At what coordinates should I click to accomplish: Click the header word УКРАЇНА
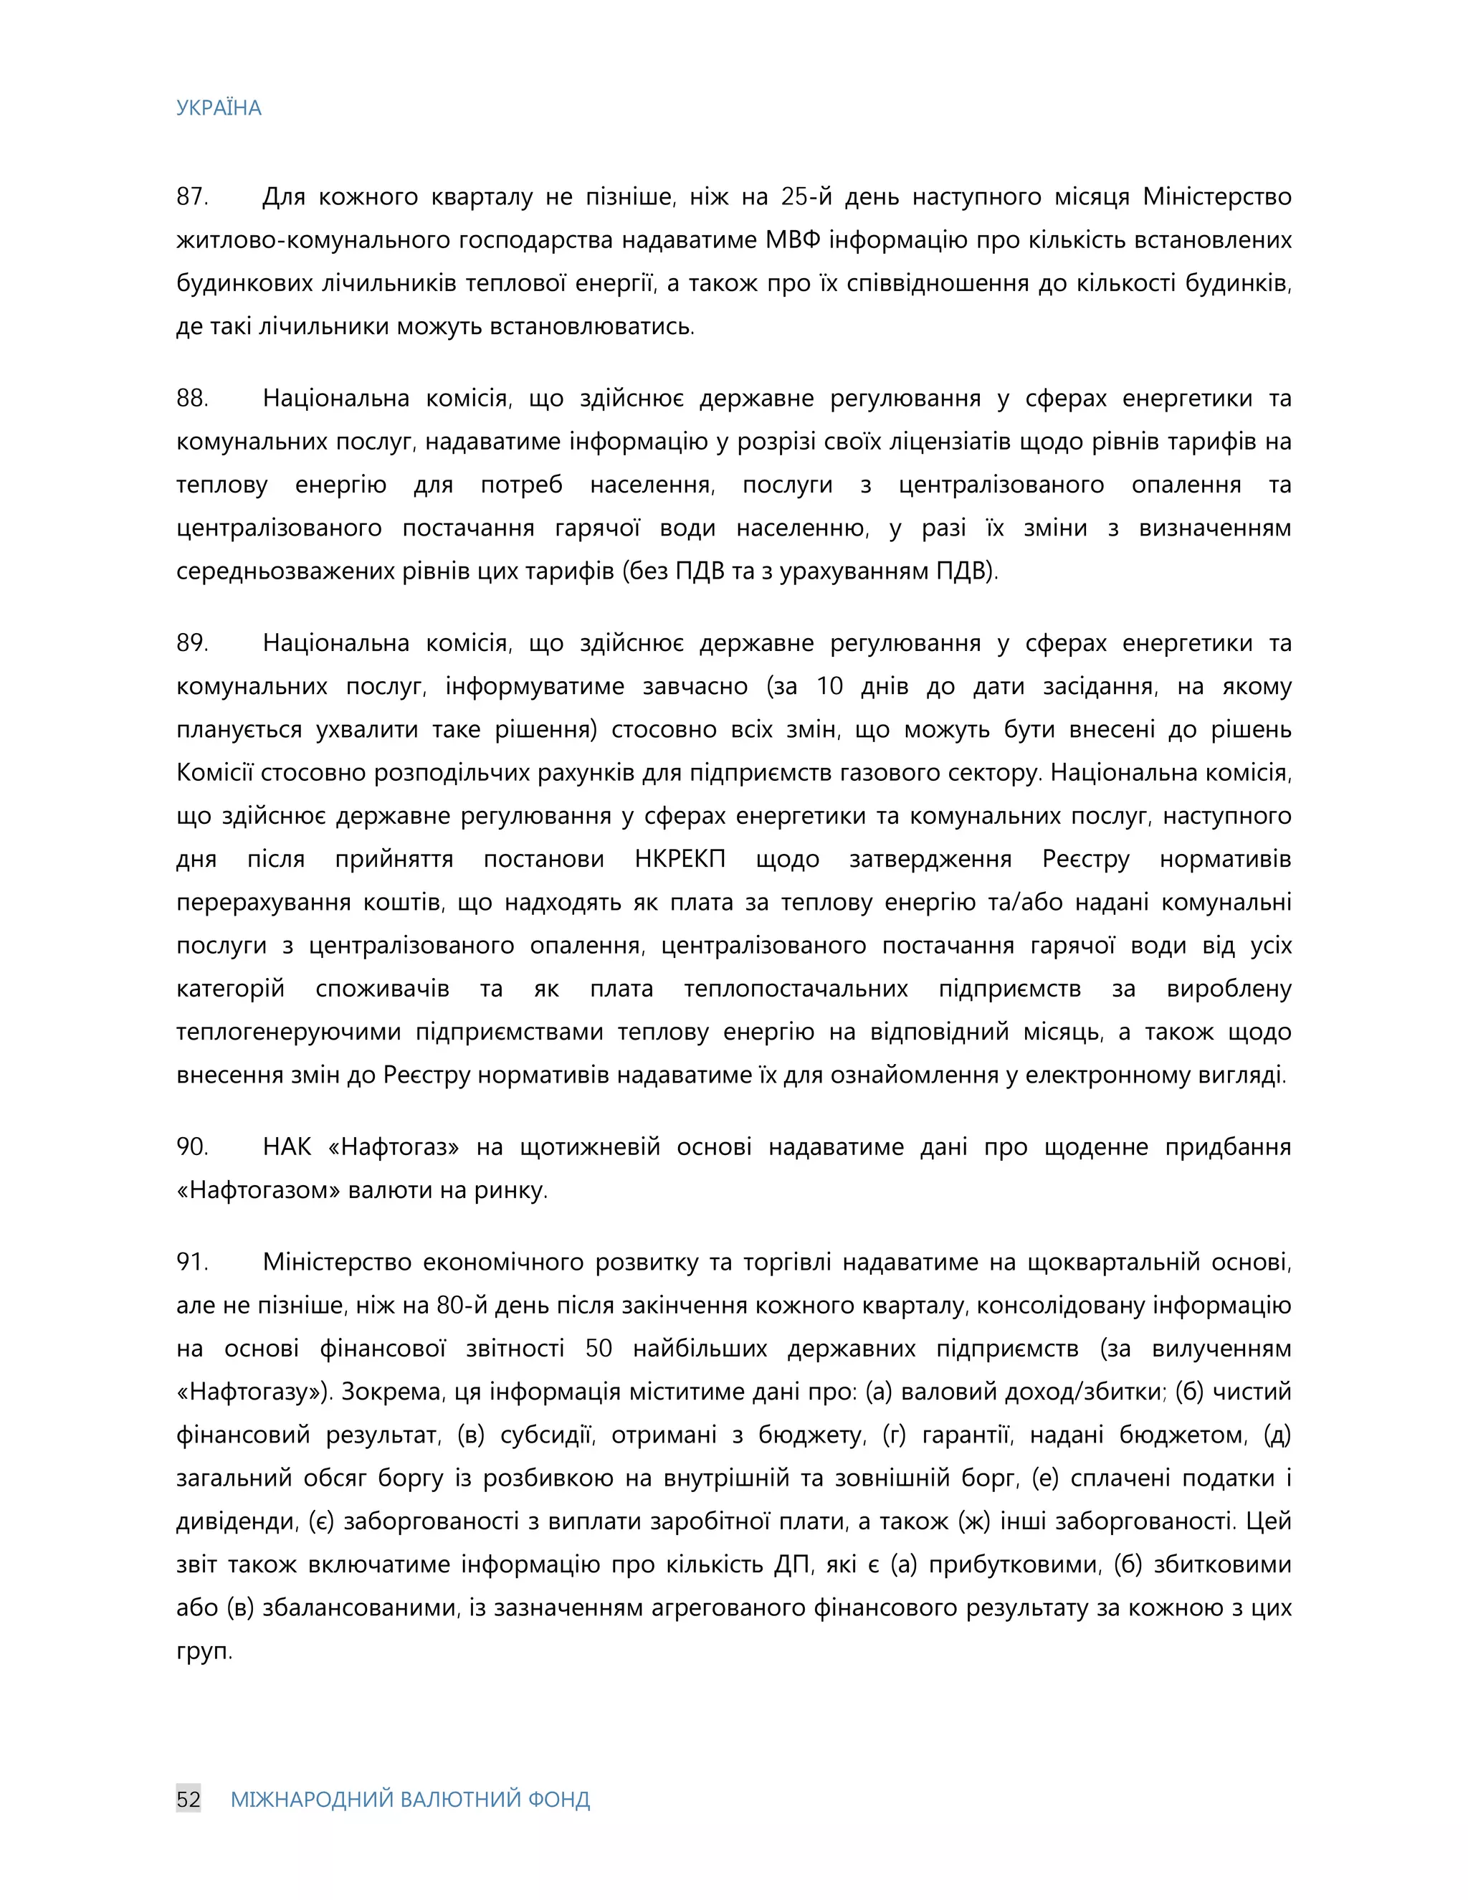219,108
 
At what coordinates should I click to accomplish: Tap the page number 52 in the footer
189,1799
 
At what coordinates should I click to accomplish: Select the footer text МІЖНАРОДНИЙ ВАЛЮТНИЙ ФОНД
409,1799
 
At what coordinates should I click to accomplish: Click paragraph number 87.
191,196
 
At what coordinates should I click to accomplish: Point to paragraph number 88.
191,399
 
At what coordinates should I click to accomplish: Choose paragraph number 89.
191,643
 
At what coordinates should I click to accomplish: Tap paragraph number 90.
191,1146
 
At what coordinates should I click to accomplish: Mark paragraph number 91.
191,1261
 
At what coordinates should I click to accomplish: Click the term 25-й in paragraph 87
806,196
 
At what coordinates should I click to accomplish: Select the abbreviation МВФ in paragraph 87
793,240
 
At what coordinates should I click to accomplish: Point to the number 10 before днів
829,686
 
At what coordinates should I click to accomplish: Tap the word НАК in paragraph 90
287,1146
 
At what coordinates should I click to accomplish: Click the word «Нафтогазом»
257,1190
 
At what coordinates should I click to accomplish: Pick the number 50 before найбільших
599,1349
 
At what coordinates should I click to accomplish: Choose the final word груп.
204,1651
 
